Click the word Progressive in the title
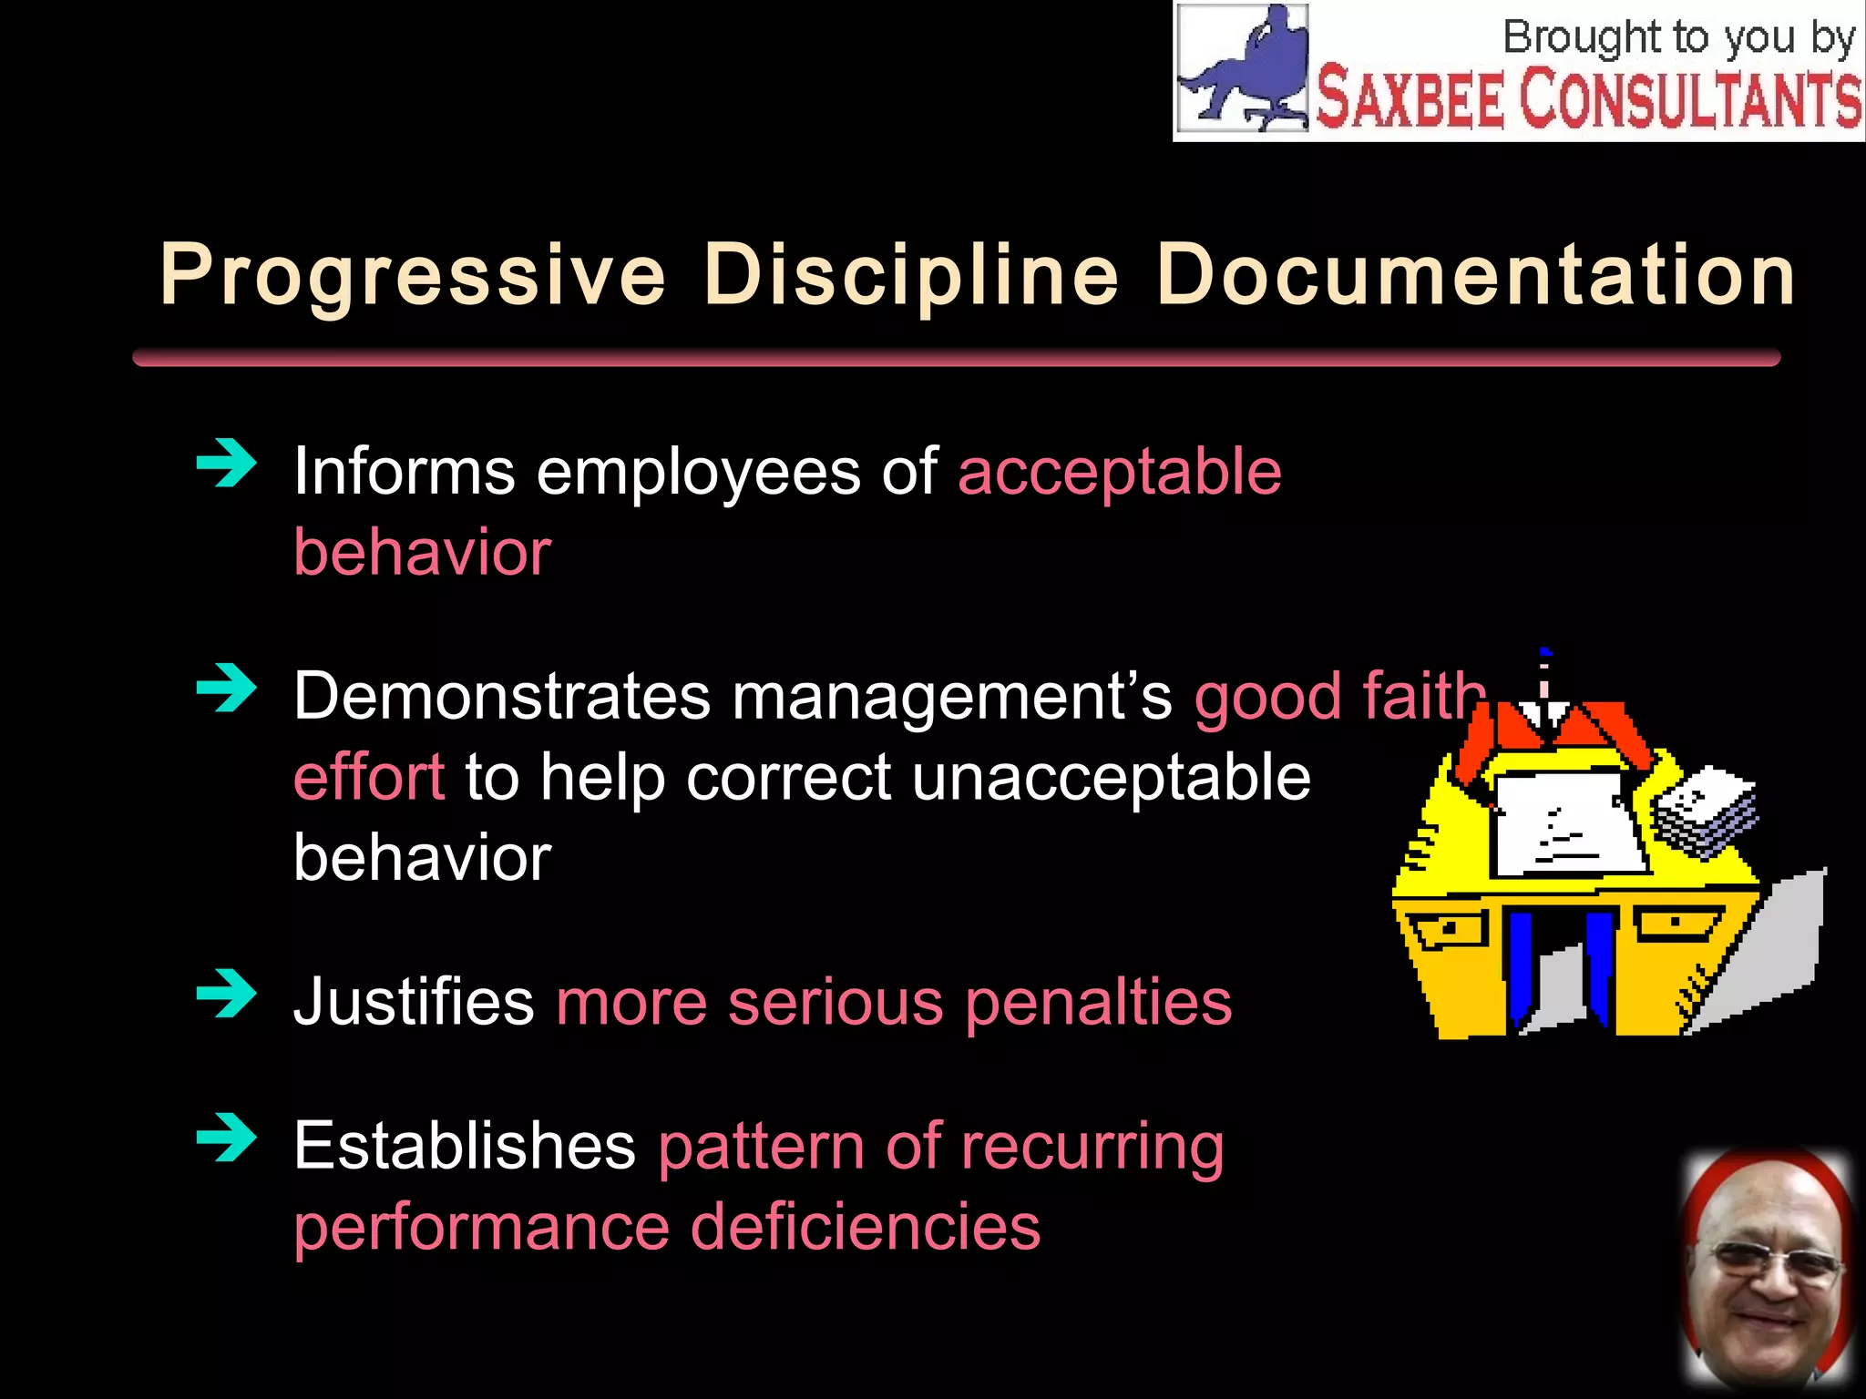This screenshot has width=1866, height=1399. [x=413, y=275]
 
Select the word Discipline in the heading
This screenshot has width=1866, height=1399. [x=911, y=275]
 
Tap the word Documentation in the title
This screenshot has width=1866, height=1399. [x=1476, y=275]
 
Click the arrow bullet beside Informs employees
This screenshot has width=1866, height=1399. [x=226, y=464]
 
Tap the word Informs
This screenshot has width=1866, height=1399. [x=405, y=472]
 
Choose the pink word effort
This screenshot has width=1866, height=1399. [x=369, y=778]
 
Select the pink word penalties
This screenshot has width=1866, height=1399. [x=1098, y=1003]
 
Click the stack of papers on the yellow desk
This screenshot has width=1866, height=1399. [x=1705, y=811]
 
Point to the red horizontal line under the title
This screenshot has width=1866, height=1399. [x=956, y=357]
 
